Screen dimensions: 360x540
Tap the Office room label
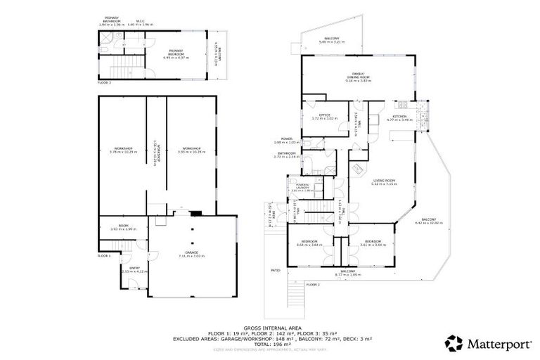(x=325, y=115)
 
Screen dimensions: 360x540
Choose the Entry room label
(x=131, y=269)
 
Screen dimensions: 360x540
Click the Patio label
(x=276, y=269)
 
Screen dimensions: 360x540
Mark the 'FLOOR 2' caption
(x=313, y=284)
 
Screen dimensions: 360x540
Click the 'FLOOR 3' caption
(x=104, y=82)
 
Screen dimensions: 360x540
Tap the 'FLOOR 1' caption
(x=104, y=256)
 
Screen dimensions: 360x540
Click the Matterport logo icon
(x=454, y=342)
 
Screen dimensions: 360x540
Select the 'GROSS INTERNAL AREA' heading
(x=269, y=328)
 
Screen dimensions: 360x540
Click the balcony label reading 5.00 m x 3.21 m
(x=332, y=40)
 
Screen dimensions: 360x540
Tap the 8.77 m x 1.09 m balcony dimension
(x=348, y=274)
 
